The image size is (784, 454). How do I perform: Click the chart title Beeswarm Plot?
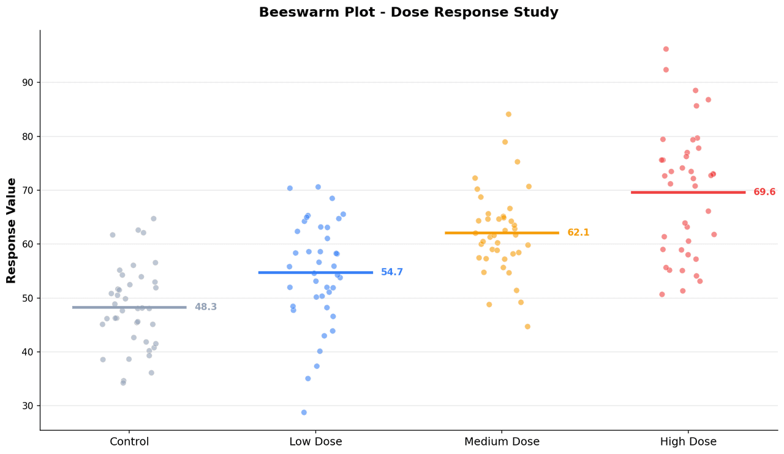coord(409,13)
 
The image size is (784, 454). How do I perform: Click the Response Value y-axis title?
coord(12,230)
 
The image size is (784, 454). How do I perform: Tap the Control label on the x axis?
coord(129,442)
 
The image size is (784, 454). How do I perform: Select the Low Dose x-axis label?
coord(315,442)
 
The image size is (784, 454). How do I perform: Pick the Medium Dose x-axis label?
coord(502,442)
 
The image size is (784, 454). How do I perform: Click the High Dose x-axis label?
coord(688,442)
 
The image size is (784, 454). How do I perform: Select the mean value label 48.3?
coord(206,307)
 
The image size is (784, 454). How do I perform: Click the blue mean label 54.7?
coord(392,272)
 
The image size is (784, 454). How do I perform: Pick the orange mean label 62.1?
coord(578,233)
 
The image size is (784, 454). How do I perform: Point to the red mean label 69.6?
coord(764,192)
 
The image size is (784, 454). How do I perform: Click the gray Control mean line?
coord(129,307)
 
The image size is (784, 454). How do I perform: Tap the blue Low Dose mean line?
coord(315,272)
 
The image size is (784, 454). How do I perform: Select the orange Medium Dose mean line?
coord(502,233)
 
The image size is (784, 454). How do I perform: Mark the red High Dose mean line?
coord(688,192)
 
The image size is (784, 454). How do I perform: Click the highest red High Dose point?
coord(666,49)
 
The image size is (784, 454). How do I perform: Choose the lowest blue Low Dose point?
coord(304,412)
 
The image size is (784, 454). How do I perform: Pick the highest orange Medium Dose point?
coord(508,114)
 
